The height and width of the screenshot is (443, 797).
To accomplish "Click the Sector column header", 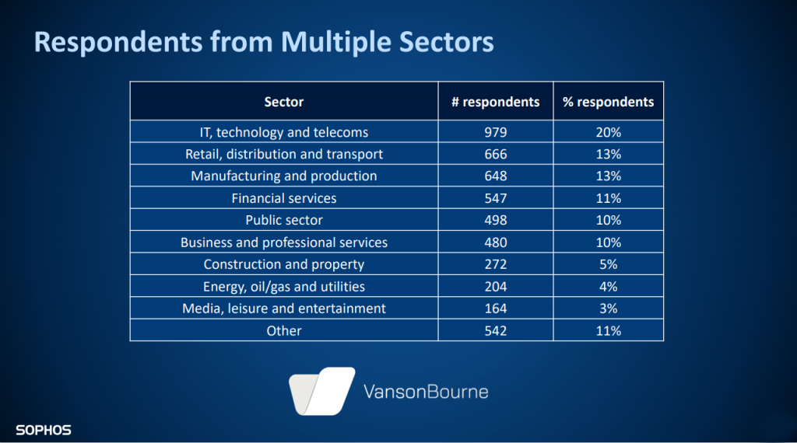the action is tap(283, 102).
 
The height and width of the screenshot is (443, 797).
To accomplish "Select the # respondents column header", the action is tap(496, 102).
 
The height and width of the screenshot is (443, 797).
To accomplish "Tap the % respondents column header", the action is tap(609, 102).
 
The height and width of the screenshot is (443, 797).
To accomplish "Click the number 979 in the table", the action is tap(496, 132).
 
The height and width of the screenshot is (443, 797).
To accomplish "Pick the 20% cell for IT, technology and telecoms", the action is tap(609, 132).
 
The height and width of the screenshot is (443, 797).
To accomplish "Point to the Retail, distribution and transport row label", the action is tap(283, 154).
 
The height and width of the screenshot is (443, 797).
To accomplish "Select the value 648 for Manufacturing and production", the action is tap(496, 176).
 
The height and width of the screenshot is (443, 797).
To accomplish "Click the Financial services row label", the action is tap(283, 198).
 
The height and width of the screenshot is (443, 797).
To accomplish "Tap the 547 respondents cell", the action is tap(496, 198).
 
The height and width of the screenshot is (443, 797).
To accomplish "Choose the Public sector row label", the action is tap(283, 220).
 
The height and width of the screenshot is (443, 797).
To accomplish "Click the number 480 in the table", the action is tap(496, 242).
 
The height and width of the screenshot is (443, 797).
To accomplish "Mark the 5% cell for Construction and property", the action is tap(609, 264).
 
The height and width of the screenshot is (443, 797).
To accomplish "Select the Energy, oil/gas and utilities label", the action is tap(283, 287).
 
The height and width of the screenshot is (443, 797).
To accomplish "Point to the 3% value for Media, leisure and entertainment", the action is tap(609, 309).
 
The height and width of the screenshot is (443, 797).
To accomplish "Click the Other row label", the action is tap(283, 331).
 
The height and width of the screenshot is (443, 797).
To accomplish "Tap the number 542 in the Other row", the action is tap(496, 331).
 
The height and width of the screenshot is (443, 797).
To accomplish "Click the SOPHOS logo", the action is tap(44, 431).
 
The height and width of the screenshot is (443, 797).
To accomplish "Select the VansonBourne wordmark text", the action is tap(426, 392).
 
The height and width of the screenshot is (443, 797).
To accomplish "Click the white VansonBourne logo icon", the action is tap(321, 391).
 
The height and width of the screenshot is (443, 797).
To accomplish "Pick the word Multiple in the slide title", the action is tap(336, 42).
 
